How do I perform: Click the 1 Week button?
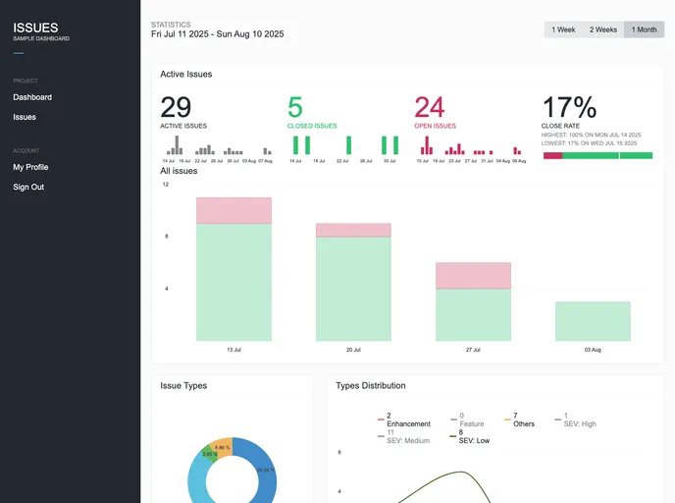point(563,29)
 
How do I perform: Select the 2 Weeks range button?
point(602,29)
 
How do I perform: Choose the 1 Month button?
point(645,29)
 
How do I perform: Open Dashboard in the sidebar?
point(32,97)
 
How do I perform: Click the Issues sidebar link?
point(25,117)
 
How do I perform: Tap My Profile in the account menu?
point(30,167)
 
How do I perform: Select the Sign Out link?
point(28,187)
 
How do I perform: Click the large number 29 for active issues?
point(176,107)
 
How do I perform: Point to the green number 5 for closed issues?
point(295,107)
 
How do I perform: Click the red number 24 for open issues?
point(430,107)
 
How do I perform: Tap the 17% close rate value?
point(569,107)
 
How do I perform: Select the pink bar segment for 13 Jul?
point(234,210)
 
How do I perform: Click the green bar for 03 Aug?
point(593,321)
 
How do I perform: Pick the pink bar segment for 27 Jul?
point(473,275)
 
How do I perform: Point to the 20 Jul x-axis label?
point(353,349)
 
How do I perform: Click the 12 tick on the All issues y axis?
point(165,185)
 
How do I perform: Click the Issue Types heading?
point(183,386)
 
